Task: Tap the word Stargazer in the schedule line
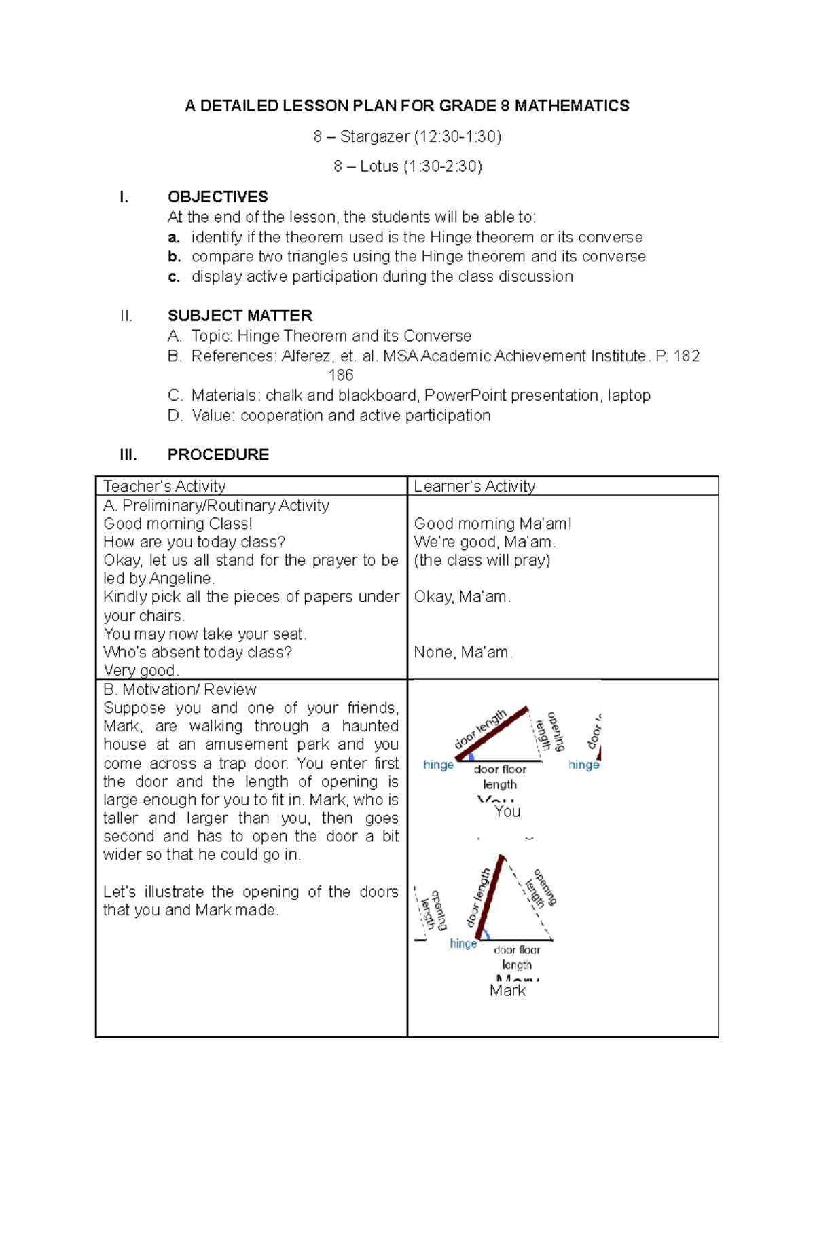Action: point(374,136)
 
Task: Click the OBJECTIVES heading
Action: point(217,197)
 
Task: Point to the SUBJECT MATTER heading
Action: point(240,316)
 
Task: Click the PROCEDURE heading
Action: point(218,454)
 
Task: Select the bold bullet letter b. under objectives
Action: point(175,257)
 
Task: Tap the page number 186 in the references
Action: point(341,375)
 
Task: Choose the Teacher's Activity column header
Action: point(164,486)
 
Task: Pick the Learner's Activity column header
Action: point(474,486)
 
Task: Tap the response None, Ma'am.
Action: point(463,653)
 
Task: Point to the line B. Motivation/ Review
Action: point(179,689)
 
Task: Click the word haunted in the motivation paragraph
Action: point(369,727)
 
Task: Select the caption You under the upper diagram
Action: point(507,811)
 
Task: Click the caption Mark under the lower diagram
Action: point(507,991)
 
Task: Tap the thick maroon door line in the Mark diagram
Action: point(490,897)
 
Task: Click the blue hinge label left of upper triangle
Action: point(438,765)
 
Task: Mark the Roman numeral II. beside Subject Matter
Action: point(126,316)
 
